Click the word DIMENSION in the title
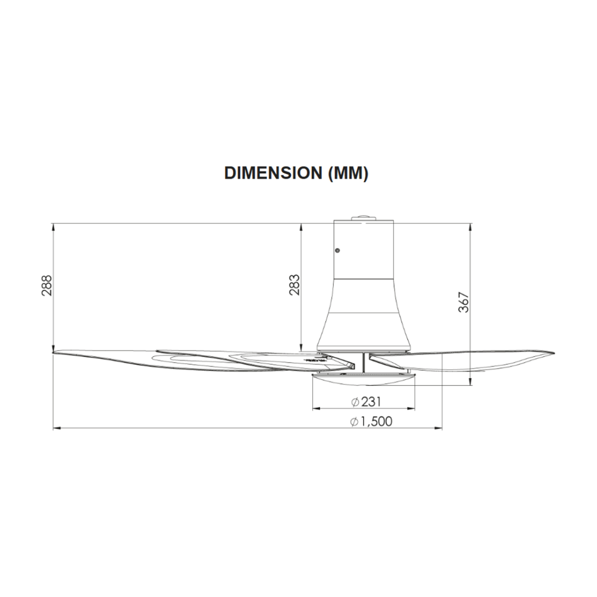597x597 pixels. [x=273, y=173]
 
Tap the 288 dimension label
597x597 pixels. [x=47, y=285]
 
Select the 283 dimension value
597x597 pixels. [x=294, y=285]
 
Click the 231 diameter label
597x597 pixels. [x=371, y=402]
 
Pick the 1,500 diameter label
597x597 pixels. [x=376, y=421]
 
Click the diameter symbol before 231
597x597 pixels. [x=355, y=402]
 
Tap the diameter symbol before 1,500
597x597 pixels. [x=355, y=422]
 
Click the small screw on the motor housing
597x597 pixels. [x=337, y=250]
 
